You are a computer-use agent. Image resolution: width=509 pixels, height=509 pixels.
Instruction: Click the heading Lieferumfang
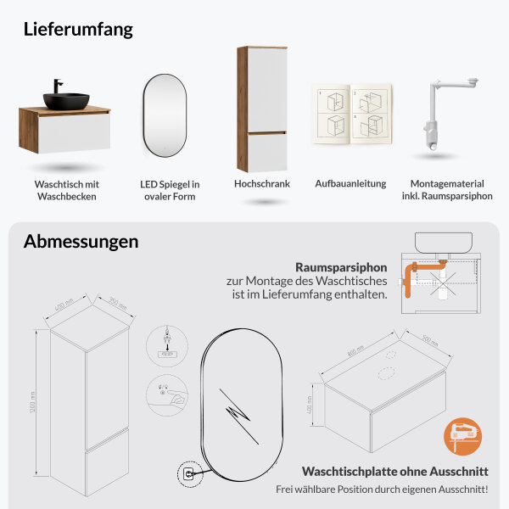(78, 29)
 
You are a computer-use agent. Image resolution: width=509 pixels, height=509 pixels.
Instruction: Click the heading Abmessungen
(81, 241)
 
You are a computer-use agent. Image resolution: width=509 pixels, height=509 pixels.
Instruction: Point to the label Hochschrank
(262, 182)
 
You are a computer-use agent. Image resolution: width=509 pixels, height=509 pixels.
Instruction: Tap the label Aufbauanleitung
(350, 183)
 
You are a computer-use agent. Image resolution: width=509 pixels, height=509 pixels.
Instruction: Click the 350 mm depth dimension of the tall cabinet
(117, 304)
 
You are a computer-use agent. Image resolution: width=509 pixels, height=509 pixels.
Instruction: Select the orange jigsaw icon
(462, 439)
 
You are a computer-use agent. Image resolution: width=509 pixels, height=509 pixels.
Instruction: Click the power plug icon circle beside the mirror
(185, 471)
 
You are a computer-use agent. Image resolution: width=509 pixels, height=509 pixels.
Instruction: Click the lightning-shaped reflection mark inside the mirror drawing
(239, 415)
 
